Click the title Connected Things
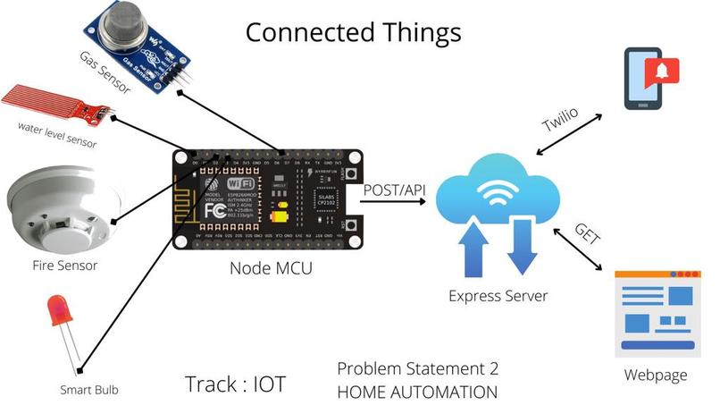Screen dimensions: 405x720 354,32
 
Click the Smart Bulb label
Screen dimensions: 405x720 88,389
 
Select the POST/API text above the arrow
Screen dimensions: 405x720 393,189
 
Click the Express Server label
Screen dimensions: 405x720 497,296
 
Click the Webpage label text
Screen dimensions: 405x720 657,375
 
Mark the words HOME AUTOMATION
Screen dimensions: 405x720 416,391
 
